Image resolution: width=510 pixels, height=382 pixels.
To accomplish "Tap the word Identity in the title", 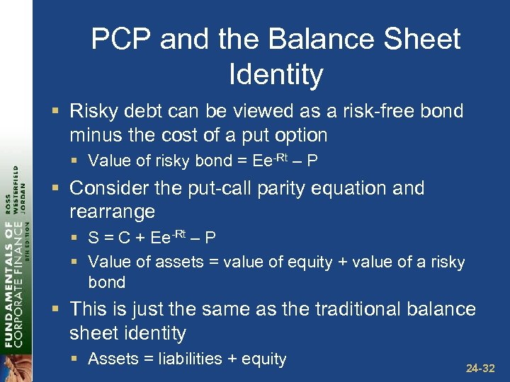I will tap(276, 74).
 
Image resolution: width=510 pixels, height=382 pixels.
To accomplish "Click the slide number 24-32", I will tap(481, 368).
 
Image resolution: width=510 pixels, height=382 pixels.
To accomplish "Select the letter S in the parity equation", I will tap(93, 238).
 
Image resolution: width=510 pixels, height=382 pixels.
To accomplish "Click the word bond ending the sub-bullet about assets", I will tap(106, 282).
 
